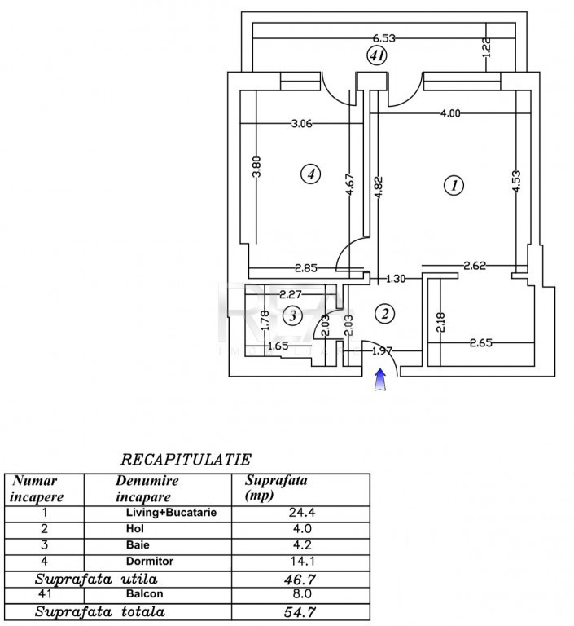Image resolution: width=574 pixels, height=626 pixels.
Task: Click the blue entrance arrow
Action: coord(381,379)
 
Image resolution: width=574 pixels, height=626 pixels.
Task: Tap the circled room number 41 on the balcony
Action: coord(377,55)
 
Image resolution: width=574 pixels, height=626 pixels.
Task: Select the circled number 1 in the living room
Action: coord(454,185)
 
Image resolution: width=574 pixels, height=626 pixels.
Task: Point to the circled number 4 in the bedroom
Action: coord(311,174)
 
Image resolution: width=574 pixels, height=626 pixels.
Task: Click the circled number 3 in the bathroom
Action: coord(292,316)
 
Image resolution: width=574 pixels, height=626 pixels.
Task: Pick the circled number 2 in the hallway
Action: coord(385,314)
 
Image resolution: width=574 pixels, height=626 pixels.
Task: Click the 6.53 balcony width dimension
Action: coord(383,38)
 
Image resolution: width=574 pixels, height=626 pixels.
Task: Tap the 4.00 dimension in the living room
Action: coord(450,113)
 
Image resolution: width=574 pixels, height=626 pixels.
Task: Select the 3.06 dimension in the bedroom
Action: coord(301,123)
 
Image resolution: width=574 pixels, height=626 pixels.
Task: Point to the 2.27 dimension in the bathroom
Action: coord(291,294)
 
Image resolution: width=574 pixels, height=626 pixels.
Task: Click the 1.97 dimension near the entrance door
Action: coord(382,351)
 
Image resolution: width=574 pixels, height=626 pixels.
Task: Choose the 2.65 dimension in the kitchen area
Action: coord(480,342)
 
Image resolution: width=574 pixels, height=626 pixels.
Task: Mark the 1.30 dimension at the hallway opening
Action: coord(396,278)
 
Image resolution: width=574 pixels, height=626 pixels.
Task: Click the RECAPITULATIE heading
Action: coord(186,460)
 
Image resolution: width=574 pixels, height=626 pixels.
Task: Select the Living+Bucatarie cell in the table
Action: coord(171,512)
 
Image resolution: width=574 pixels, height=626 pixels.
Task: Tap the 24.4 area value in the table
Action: coord(302,512)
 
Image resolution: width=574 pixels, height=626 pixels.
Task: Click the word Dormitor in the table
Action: coord(150,562)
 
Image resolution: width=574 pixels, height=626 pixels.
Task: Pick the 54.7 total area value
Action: coord(300,612)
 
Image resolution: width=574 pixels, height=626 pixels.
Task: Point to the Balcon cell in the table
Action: coord(144,593)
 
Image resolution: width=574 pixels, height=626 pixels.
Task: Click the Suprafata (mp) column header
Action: coord(276,487)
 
